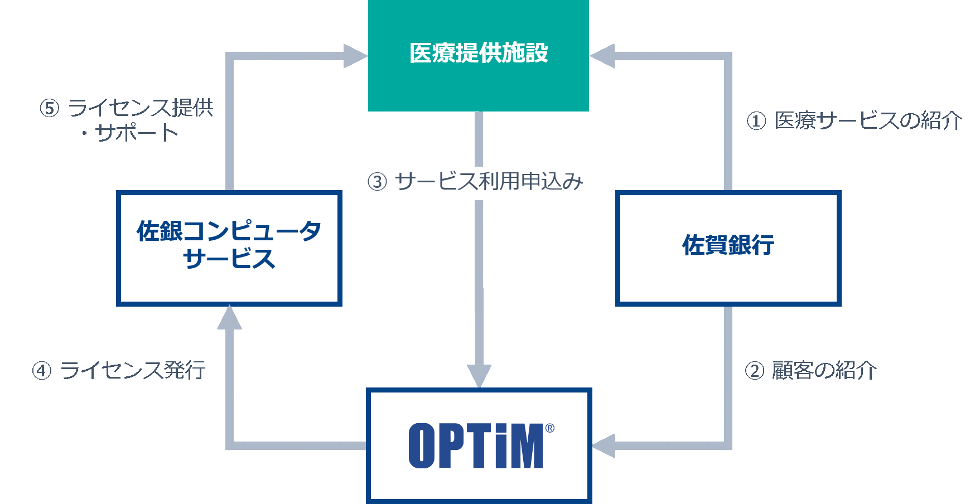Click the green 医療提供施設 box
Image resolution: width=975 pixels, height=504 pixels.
tap(479, 55)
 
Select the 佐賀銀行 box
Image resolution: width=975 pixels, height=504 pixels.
tap(728, 248)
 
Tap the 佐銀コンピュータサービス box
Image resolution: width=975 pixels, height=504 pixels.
tap(229, 248)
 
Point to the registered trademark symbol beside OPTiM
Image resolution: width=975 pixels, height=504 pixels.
tap(550, 428)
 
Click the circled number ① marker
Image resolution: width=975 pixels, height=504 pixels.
tap(756, 121)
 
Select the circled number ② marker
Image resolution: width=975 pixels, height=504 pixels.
tap(754, 371)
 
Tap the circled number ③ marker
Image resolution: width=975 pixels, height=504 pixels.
tap(377, 182)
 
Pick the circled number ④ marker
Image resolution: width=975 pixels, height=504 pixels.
tap(42, 371)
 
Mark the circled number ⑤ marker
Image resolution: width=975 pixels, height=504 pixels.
tap(49, 108)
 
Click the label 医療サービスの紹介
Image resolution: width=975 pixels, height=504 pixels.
tap(868, 120)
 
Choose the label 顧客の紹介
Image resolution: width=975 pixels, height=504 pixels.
tap(824, 370)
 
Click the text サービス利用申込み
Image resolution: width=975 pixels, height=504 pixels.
tap(489, 181)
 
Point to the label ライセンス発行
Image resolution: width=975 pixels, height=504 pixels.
tap(133, 370)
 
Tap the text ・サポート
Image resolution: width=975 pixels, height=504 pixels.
tap(129, 133)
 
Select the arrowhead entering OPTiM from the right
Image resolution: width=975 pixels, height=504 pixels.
tap(603, 445)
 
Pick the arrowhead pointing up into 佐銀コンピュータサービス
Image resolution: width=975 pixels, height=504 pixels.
tap(229, 317)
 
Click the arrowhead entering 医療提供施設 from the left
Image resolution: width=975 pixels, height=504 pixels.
tap(356, 56)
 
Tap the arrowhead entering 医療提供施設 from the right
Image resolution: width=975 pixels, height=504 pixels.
tap(602, 56)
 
